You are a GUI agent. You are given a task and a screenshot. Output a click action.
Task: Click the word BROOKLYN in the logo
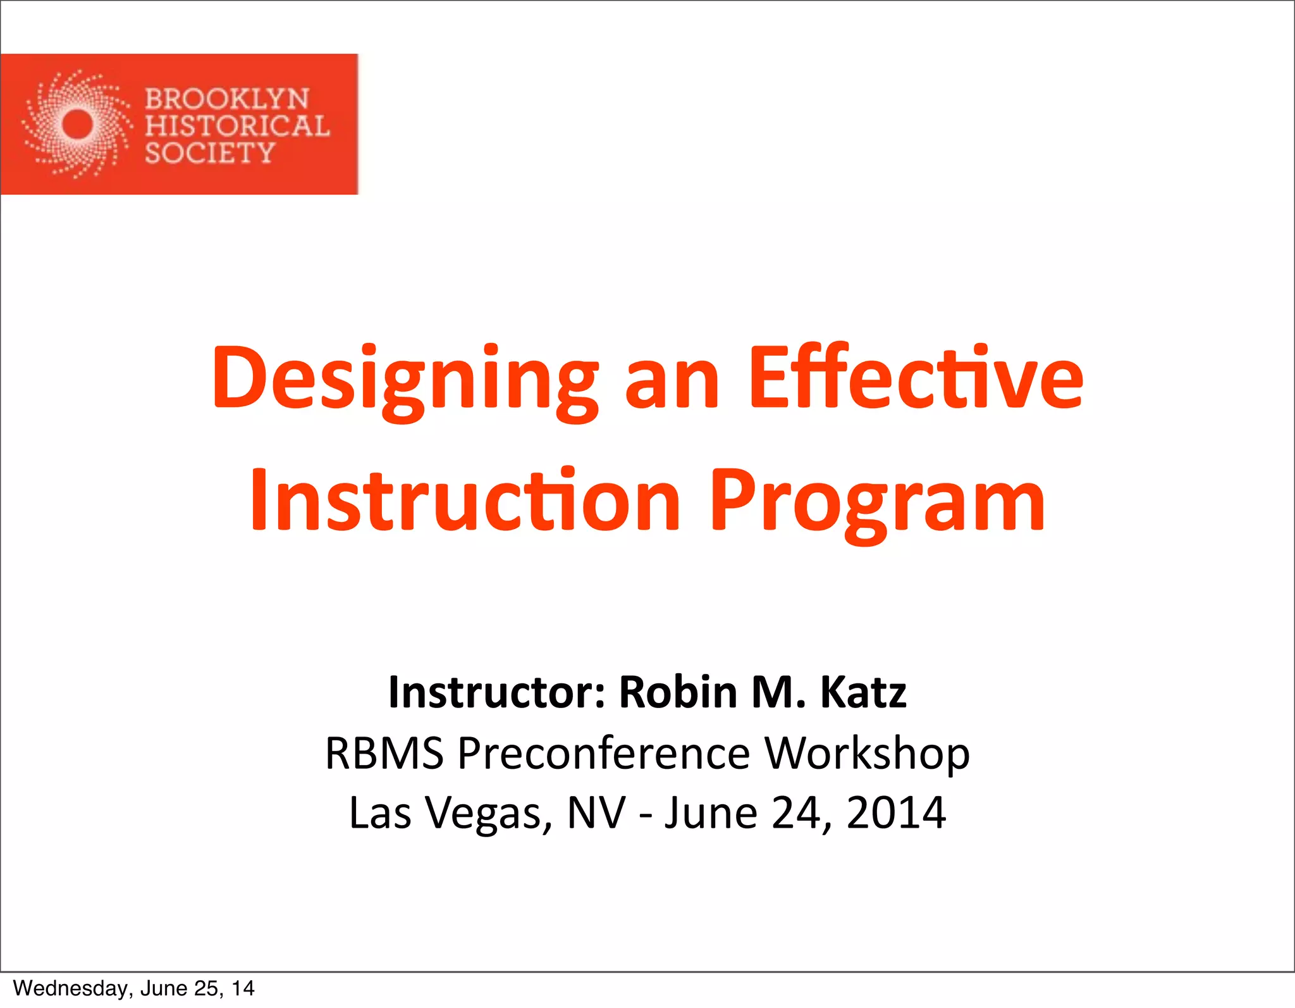227,99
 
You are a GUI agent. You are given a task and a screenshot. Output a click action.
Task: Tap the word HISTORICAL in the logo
237,126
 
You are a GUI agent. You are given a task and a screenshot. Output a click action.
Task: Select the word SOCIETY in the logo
210,153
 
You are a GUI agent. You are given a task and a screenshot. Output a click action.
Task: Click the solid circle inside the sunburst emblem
77,124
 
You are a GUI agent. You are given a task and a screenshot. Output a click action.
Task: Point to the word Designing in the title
405,380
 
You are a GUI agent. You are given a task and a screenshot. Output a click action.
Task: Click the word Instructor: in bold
497,692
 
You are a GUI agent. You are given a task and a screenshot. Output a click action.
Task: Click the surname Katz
863,692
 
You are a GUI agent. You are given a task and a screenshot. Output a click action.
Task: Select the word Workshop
867,754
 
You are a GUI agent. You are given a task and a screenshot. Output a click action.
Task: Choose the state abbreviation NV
596,812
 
